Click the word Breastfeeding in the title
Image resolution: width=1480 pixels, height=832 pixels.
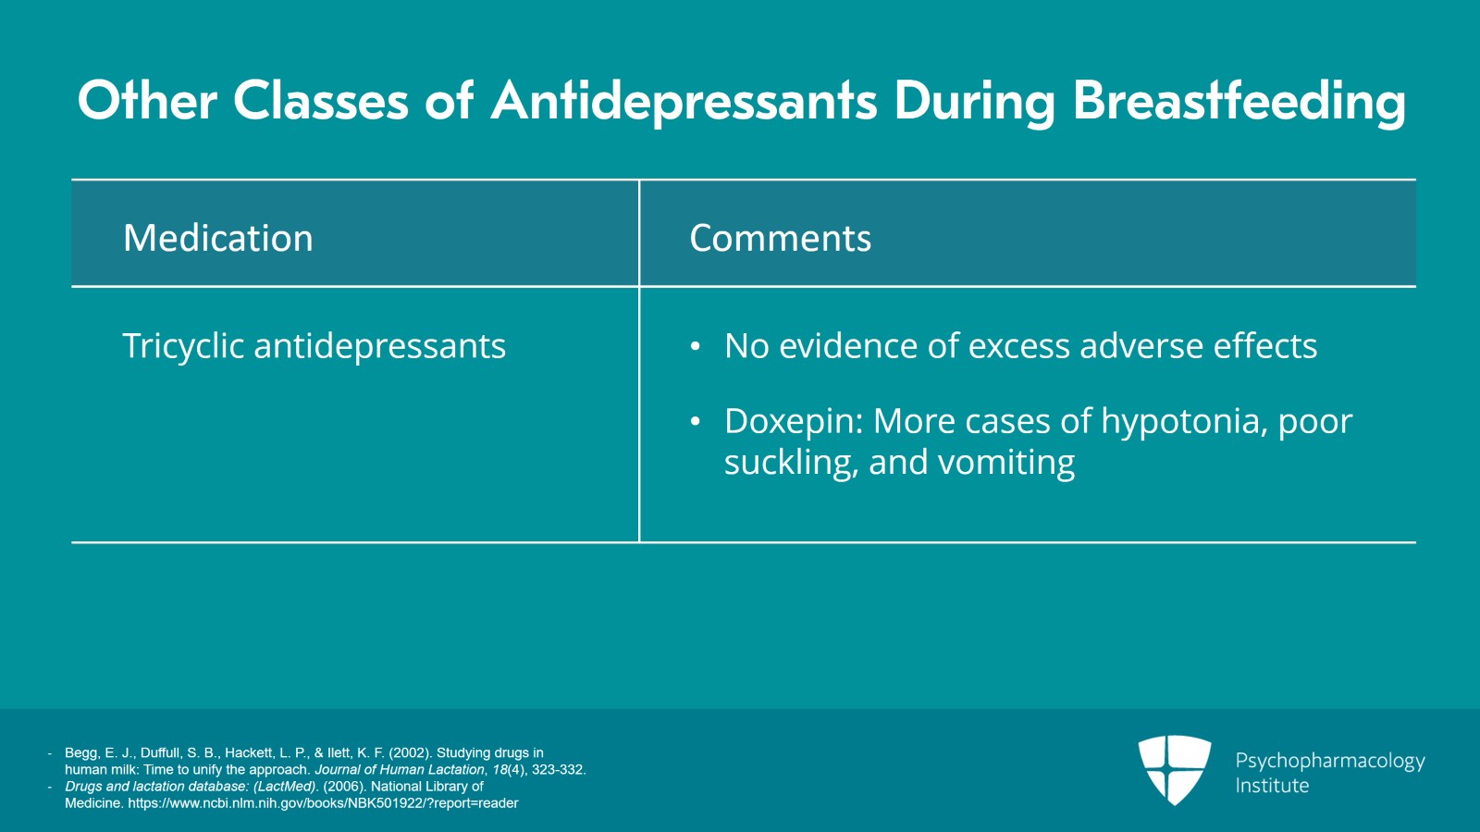(x=1239, y=102)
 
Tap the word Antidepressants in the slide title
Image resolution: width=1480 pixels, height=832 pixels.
(x=684, y=102)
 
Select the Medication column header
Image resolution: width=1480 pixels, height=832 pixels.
(x=218, y=237)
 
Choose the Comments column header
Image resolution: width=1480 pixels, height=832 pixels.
(x=781, y=237)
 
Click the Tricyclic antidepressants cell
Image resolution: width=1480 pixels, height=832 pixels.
(x=314, y=345)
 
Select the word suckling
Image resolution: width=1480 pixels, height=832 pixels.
(x=792, y=462)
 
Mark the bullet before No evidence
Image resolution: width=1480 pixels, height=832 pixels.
(x=695, y=347)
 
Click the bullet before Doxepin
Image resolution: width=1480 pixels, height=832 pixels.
(x=695, y=422)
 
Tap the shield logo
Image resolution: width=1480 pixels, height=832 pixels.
(x=1174, y=770)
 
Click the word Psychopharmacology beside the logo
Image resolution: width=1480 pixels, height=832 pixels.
(x=1330, y=762)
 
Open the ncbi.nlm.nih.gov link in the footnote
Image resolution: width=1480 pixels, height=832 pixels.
(x=323, y=803)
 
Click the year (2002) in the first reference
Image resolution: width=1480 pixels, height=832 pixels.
(x=411, y=752)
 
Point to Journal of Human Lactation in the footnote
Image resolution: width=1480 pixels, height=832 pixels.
(x=399, y=770)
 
